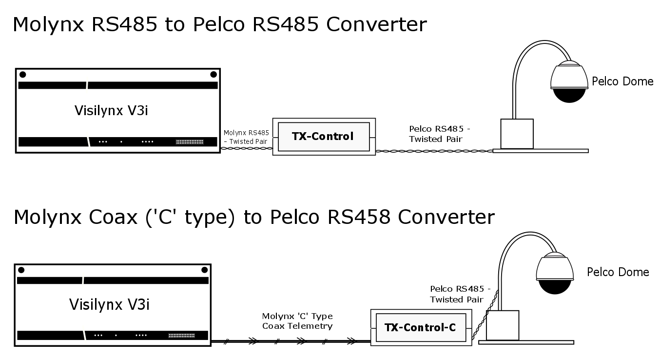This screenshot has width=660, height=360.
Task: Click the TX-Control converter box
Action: (323, 137)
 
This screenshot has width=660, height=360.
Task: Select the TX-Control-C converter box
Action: (420, 327)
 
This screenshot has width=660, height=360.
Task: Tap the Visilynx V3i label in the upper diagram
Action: (111, 110)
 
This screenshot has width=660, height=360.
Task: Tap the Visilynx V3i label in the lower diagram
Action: (109, 305)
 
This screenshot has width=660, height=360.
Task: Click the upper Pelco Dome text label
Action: (622, 81)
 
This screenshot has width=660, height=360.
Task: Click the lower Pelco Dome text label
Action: (618, 272)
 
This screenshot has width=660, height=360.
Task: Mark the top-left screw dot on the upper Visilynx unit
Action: (23, 75)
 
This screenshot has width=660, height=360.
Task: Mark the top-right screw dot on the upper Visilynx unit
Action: (213, 75)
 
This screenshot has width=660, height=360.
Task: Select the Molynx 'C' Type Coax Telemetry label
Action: (297, 321)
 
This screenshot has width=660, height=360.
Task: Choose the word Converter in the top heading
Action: (376, 24)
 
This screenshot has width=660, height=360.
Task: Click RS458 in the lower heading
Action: (359, 217)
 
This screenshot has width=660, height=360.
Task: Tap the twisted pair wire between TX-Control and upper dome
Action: (434, 151)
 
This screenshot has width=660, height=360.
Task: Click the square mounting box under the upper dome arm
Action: (517, 133)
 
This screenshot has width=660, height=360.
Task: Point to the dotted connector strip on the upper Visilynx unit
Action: (189, 142)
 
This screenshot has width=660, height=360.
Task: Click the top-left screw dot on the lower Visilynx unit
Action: (21, 270)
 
